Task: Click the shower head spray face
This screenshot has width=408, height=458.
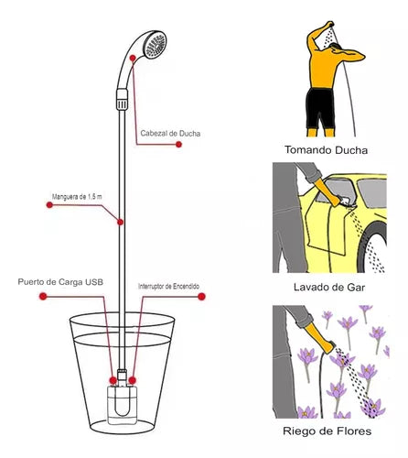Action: tap(156, 46)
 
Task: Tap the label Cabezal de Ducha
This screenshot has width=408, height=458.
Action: tap(170, 134)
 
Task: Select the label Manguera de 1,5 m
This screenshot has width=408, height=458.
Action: tap(77, 197)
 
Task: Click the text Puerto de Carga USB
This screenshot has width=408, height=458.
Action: tap(60, 282)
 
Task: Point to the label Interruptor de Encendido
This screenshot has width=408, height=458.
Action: tap(168, 287)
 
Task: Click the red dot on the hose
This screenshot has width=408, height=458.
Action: tap(121, 222)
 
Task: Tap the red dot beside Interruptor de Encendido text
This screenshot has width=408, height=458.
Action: tap(201, 297)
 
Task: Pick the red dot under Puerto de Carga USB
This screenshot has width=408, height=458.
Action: tap(43, 296)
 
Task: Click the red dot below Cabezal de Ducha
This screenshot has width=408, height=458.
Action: tap(178, 145)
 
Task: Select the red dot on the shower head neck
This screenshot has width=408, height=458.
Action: tap(133, 58)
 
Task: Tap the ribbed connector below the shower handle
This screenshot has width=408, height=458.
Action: tap(122, 99)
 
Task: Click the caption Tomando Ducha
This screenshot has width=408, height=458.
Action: tap(326, 150)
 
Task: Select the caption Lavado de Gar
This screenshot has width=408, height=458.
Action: tap(329, 288)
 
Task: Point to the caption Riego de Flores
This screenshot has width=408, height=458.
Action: tap(327, 431)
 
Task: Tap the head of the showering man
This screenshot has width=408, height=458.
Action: tap(336, 49)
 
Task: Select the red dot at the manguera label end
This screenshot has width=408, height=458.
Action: tap(49, 205)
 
